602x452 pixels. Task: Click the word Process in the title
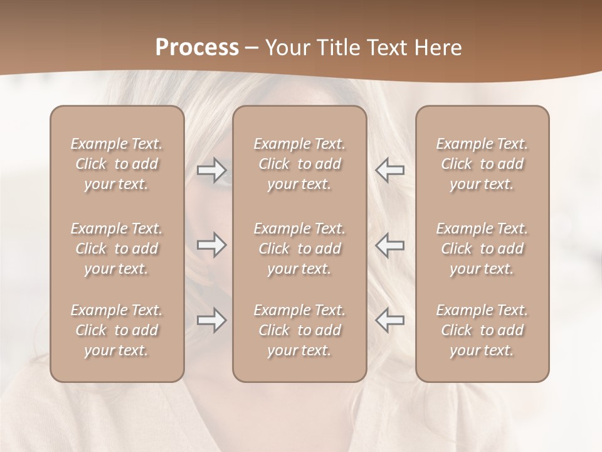(x=197, y=48)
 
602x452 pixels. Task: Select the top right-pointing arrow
(x=211, y=169)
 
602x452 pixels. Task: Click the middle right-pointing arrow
(x=211, y=245)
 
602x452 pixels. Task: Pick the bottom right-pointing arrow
(x=211, y=321)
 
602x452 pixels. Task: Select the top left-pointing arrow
(x=389, y=169)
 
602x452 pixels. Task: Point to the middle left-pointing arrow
(x=389, y=245)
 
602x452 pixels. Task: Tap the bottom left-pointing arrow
(x=389, y=321)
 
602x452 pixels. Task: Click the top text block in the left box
(x=117, y=164)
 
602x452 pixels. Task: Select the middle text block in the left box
(x=117, y=249)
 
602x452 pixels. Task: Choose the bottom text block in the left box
(x=117, y=330)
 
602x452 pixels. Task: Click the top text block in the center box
(x=299, y=164)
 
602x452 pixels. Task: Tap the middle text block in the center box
(x=299, y=249)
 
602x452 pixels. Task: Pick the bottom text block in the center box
(x=299, y=330)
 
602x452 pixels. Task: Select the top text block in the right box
(x=482, y=164)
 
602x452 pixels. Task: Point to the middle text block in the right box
(x=482, y=249)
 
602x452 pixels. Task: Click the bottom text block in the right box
(x=482, y=330)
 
